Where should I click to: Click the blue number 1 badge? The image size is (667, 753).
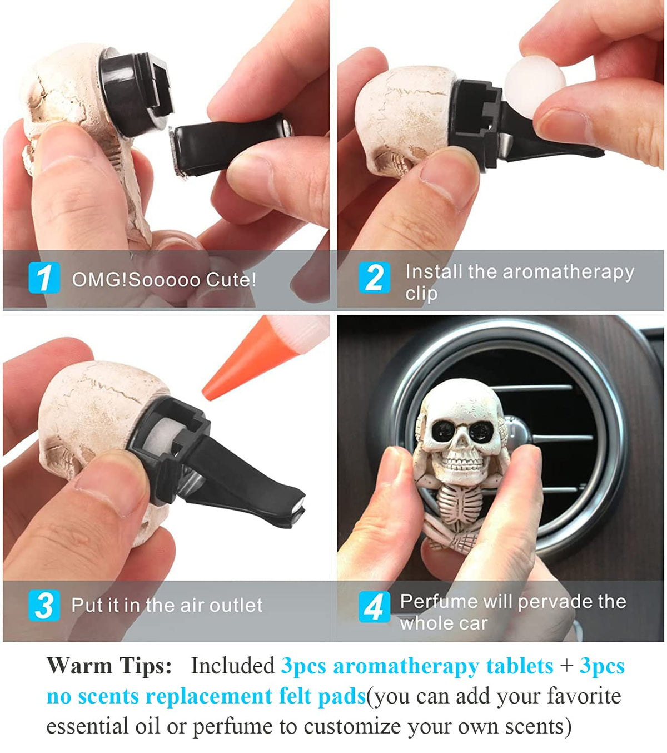click(44, 278)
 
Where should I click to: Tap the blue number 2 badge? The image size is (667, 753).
click(374, 278)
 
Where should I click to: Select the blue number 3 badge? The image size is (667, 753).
click(44, 606)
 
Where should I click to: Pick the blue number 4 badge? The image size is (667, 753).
click(374, 607)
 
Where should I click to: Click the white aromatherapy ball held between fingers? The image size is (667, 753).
click(534, 87)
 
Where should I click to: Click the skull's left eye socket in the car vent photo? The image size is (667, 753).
click(444, 431)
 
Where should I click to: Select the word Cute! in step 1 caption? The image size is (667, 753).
click(231, 280)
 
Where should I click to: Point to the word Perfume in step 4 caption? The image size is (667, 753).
click(439, 601)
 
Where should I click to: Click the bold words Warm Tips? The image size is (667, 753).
click(109, 665)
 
